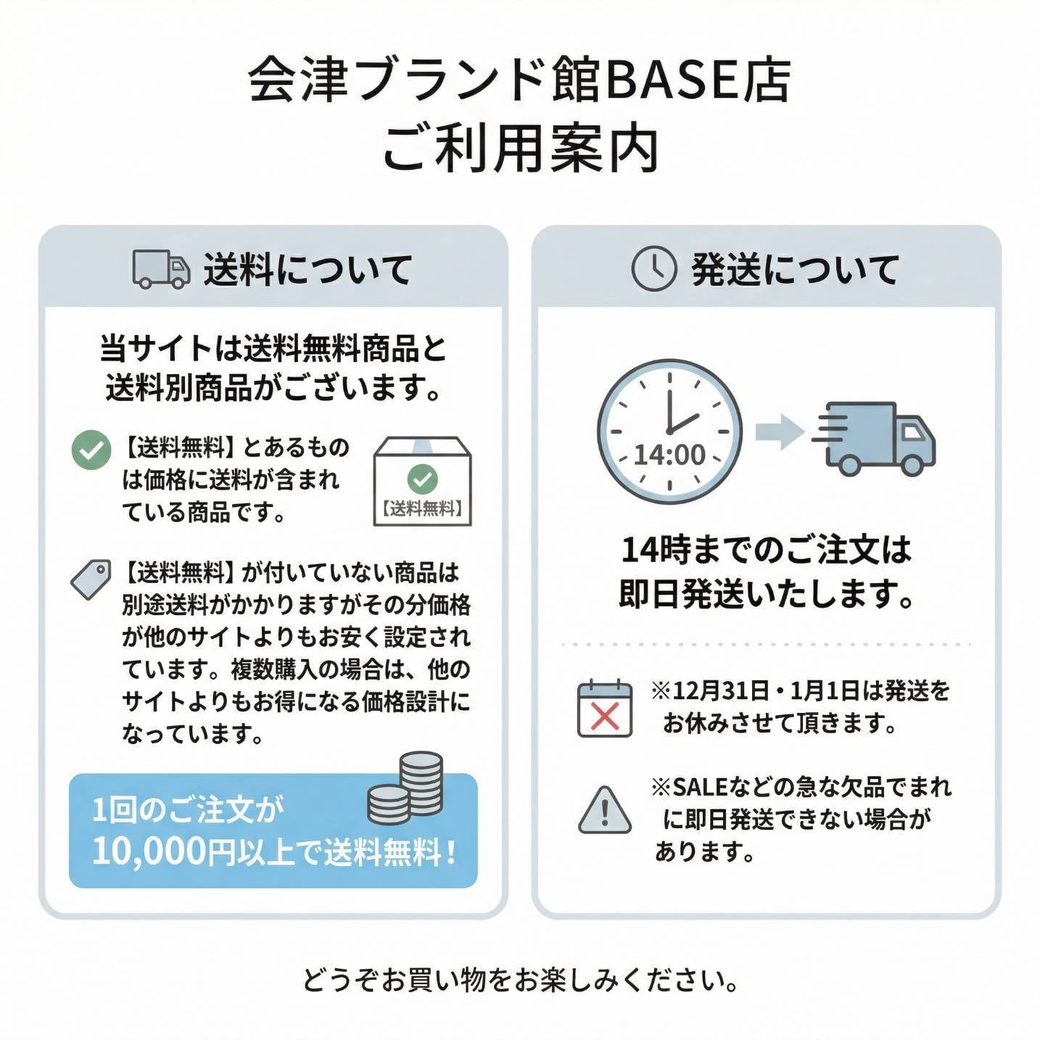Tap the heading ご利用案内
(x=520, y=149)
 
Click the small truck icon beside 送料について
(x=161, y=269)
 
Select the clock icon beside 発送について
(x=653, y=269)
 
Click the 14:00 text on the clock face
(x=669, y=455)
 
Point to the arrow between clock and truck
(x=779, y=432)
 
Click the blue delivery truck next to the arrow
(x=878, y=437)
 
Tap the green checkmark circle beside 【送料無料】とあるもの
(x=91, y=450)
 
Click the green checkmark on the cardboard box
(x=422, y=478)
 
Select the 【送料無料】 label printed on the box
(x=422, y=508)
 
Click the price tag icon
(x=91, y=579)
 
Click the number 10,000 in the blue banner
(x=149, y=851)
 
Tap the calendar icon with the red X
(x=604, y=709)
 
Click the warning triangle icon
(x=604, y=810)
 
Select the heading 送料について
(x=308, y=270)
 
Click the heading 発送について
(x=795, y=270)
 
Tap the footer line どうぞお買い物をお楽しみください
(x=520, y=980)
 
